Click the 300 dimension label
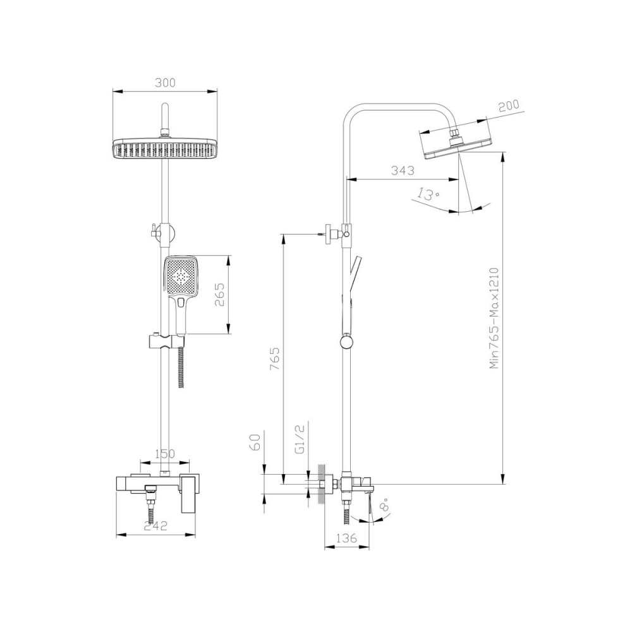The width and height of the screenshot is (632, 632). coord(166,83)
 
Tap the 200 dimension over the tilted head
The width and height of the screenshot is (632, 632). coord(509,107)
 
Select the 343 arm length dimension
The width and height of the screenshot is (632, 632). coord(402,171)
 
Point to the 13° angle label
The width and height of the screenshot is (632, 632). coord(429,193)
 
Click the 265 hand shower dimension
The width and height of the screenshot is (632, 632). coord(219,295)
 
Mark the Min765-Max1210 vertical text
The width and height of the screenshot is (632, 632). coord(495,317)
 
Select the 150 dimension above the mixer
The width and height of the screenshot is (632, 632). coord(165,454)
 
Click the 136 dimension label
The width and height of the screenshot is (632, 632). coord(346,538)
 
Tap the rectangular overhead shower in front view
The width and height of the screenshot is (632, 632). coord(165,149)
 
